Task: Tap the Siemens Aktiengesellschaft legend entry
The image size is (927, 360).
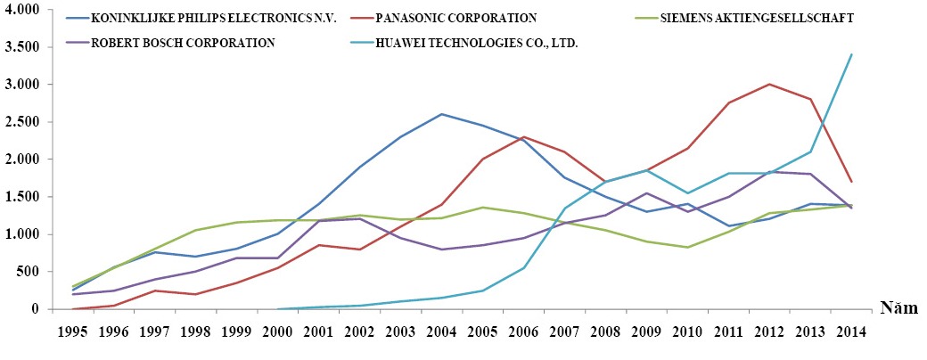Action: click(x=753, y=18)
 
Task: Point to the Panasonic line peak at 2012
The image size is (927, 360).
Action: click(x=768, y=84)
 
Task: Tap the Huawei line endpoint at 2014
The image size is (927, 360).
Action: click(x=851, y=54)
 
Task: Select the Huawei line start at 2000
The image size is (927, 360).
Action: click(x=277, y=309)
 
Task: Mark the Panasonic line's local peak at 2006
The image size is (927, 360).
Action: click(x=524, y=136)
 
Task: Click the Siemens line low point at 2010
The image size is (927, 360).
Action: click(x=687, y=247)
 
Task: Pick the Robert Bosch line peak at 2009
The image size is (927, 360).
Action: click(x=646, y=193)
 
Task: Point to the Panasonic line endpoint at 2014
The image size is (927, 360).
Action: click(x=851, y=182)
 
